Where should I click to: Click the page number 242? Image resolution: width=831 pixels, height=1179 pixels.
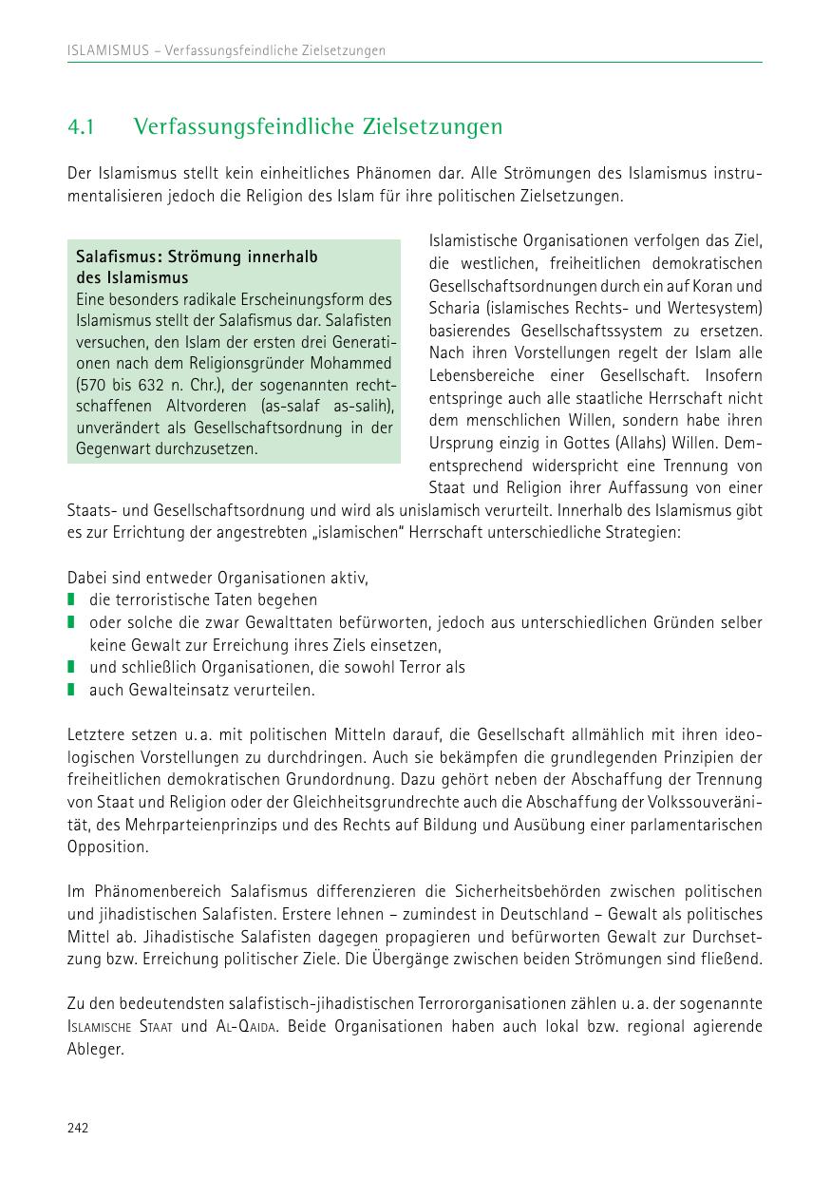pos(78,1128)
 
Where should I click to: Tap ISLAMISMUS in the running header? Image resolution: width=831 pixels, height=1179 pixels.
pos(107,50)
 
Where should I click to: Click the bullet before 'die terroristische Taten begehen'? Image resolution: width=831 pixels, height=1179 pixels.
pos(70,600)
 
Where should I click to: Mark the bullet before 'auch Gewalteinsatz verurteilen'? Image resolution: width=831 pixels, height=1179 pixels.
pos(70,690)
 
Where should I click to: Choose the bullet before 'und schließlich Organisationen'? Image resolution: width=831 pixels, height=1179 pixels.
pos(70,667)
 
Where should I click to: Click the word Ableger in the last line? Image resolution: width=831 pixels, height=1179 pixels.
pos(96,1049)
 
